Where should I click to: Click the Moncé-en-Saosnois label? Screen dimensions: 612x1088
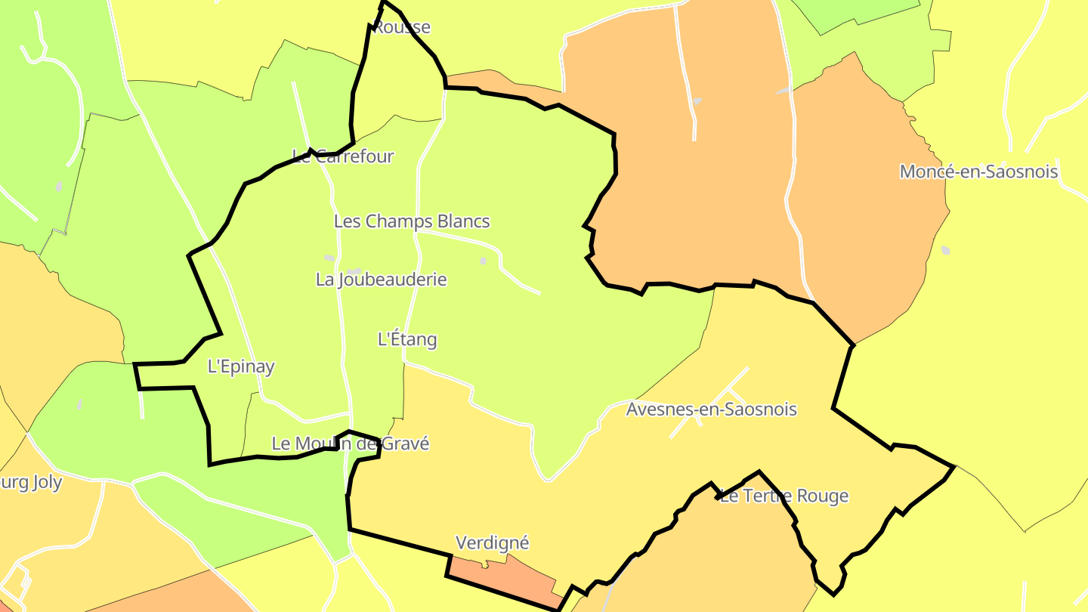[978, 172]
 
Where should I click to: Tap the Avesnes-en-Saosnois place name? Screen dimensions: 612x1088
[711, 410]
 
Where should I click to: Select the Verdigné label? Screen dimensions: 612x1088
[493, 542]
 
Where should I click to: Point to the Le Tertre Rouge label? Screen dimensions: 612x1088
[784, 496]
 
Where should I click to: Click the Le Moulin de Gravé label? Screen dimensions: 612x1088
[350, 444]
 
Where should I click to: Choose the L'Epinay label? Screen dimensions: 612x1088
[240, 366]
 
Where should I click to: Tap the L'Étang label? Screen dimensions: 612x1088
[407, 339]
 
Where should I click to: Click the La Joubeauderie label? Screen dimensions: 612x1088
[381, 280]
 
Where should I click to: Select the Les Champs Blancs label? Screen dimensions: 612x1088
[412, 221]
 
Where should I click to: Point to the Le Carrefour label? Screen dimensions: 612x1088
[343, 156]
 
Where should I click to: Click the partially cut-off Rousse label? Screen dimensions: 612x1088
[402, 27]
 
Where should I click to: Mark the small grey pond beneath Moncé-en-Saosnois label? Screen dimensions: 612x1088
[945, 250]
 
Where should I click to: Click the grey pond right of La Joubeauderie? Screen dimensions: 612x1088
[483, 261]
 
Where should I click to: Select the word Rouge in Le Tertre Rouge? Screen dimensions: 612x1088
[821, 496]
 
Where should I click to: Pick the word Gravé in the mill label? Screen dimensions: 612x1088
[405, 444]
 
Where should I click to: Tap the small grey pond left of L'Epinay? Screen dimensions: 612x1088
[79, 405]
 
